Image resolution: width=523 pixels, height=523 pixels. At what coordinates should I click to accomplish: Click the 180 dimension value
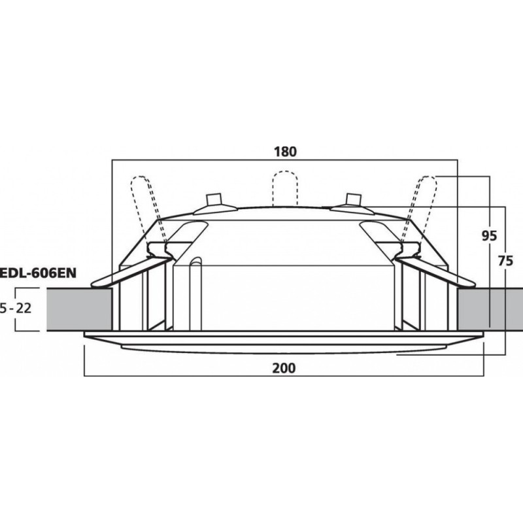285,151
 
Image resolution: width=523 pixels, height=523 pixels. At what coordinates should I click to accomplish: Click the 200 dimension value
285,368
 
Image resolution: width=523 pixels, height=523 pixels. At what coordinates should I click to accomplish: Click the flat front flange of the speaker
285,341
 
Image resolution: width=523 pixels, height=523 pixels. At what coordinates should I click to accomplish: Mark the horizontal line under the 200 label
285,377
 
